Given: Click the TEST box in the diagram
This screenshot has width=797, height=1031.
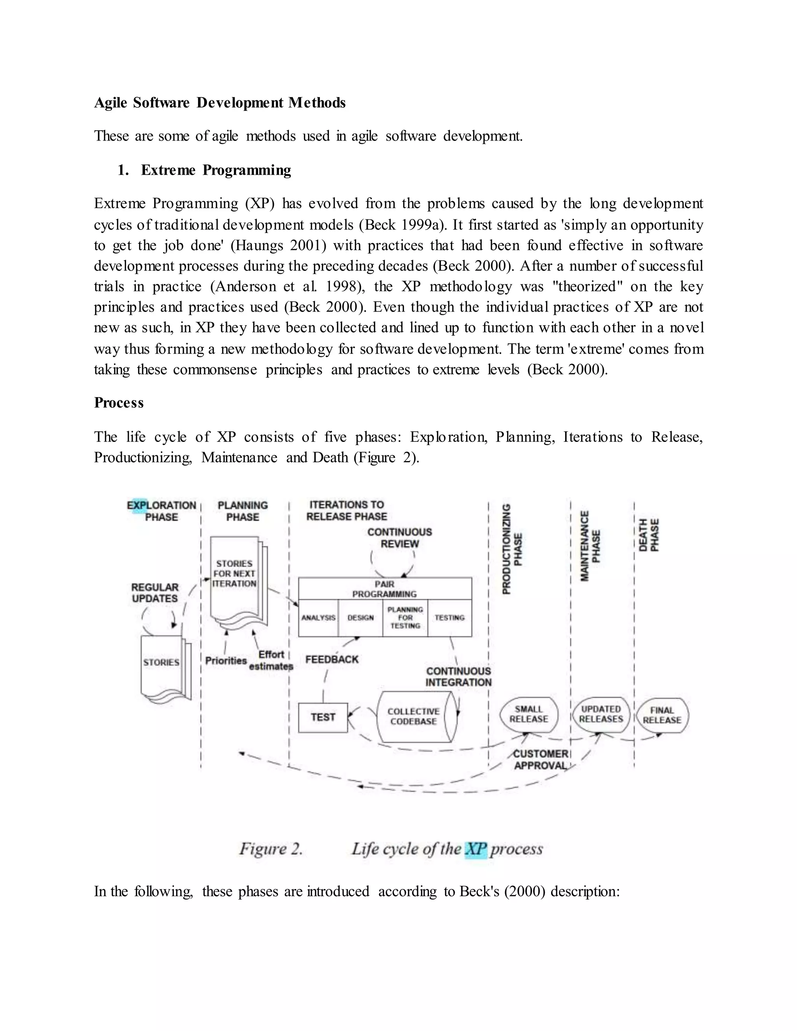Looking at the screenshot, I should click(323, 717).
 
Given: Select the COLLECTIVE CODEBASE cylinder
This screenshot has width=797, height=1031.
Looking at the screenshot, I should click(414, 717).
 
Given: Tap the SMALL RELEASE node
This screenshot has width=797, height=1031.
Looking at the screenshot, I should click(528, 714).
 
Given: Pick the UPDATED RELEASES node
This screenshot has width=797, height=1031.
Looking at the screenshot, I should click(600, 714).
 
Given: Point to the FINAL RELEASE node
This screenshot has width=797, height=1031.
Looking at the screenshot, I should click(662, 715).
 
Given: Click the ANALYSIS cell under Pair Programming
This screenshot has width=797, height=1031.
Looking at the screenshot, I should click(318, 618).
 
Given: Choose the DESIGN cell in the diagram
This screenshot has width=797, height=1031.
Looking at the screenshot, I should click(360, 618).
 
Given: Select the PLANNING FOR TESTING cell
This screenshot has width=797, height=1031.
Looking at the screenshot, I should click(405, 618).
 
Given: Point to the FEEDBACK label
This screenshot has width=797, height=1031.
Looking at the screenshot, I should click(332, 659).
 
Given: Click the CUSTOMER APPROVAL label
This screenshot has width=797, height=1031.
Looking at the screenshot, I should click(541, 759).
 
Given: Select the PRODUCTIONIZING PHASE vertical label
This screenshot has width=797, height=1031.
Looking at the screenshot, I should click(512, 549).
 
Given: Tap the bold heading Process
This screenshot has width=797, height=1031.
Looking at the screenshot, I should click(119, 403).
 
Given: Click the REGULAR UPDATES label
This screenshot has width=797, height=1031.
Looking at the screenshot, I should click(155, 593).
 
